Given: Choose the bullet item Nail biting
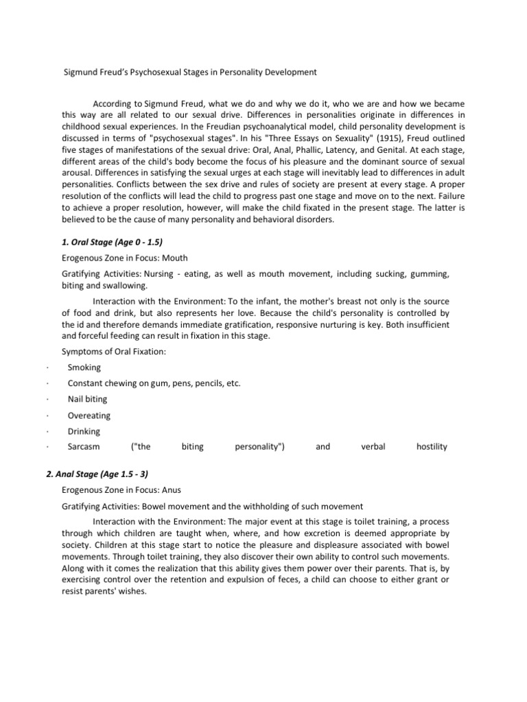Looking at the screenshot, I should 87,399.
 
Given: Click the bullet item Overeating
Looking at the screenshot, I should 89,415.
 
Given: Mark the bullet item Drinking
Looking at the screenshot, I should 84,431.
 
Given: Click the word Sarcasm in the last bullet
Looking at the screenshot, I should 84,447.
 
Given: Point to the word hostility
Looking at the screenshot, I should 432,447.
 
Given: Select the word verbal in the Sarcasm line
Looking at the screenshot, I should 373,447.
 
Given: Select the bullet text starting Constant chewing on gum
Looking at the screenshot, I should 154,383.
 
